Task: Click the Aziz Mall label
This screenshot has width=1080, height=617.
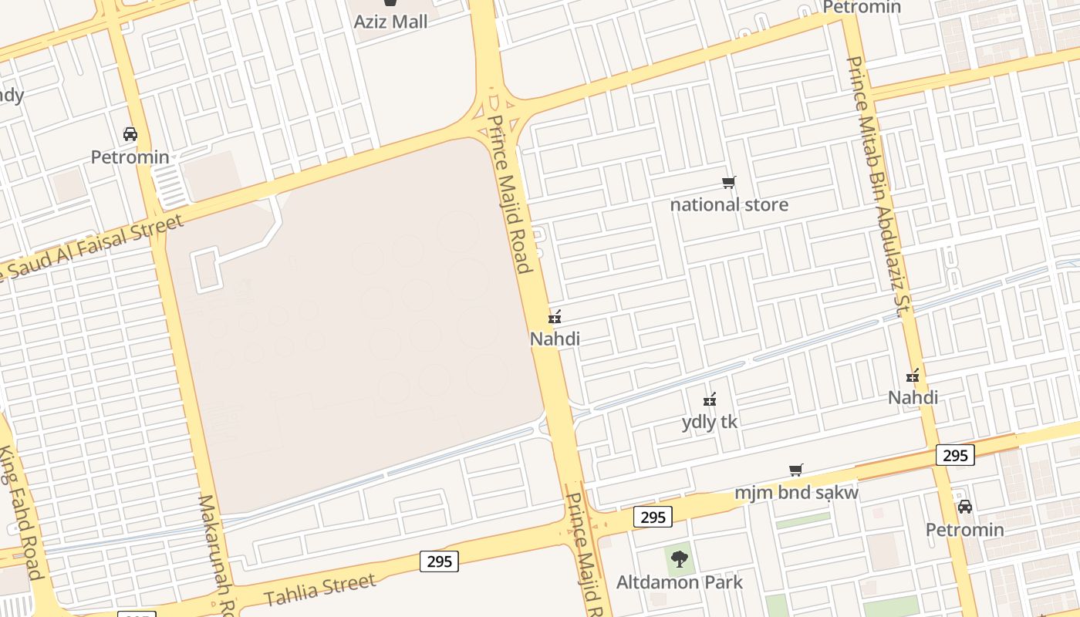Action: (x=390, y=22)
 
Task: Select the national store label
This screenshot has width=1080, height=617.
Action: (x=729, y=204)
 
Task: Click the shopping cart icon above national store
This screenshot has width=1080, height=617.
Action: (x=729, y=183)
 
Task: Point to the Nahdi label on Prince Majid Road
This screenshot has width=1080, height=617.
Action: (x=555, y=339)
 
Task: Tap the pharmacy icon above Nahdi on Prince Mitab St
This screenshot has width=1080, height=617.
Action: (x=913, y=376)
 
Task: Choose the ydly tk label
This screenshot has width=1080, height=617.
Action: (x=710, y=422)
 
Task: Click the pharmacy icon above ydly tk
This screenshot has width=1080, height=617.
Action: (x=710, y=400)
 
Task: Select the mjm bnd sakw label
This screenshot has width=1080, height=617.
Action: (x=796, y=493)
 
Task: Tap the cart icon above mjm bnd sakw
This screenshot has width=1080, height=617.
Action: (x=796, y=470)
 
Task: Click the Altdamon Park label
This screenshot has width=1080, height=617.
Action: (x=680, y=582)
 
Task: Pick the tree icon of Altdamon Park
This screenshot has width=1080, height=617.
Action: (x=680, y=558)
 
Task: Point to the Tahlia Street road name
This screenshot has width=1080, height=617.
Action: (x=319, y=590)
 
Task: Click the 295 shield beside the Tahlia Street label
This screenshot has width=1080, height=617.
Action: (x=440, y=561)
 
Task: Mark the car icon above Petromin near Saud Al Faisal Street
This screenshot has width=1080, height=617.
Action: (x=130, y=134)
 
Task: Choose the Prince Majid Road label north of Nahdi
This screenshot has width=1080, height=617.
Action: (x=510, y=194)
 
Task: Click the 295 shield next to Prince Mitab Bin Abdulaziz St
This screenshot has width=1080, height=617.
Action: (x=955, y=455)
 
